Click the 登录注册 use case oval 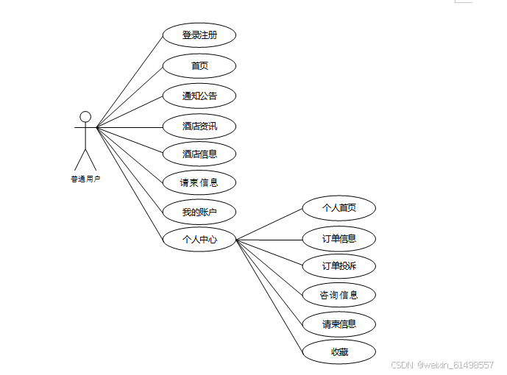199,35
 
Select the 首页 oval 199,65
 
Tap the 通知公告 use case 199,96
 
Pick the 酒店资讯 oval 199,126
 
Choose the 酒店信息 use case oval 199,154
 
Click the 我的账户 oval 199,213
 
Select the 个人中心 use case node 199,239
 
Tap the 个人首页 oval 339,208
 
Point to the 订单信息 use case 339,238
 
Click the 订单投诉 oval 339,265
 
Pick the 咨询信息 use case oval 339,295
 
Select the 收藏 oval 339,352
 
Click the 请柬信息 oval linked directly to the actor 199,182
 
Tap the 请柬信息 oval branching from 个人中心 339,324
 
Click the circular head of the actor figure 85,116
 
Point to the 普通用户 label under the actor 85,179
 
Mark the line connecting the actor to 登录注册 130,81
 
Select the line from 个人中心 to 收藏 269,296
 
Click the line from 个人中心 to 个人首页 269,224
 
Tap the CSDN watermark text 442,365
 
